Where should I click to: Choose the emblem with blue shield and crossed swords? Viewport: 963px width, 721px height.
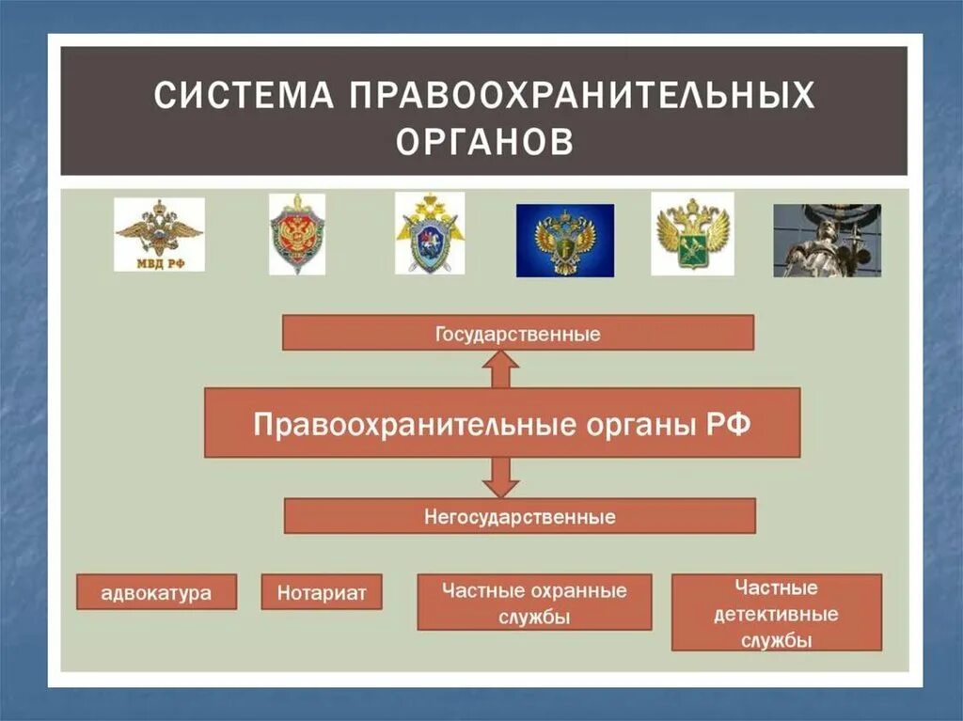coord(430,234)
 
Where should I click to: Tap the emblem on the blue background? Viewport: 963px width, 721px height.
coord(564,241)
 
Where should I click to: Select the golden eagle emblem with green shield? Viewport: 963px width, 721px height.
coord(692,234)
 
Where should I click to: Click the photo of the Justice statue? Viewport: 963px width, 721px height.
coord(827,241)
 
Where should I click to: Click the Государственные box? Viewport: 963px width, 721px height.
coord(518,333)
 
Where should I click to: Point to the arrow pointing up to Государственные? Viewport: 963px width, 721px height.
coord(501,368)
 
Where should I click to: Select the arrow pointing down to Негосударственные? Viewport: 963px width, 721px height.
coord(501,478)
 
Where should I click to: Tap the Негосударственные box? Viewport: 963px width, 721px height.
coord(520,516)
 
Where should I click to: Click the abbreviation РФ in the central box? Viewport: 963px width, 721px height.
coord(729,423)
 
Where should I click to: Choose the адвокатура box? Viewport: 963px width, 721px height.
coord(157,592)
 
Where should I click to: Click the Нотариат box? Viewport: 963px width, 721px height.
coord(322,592)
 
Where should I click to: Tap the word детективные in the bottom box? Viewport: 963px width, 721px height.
coord(776,615)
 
